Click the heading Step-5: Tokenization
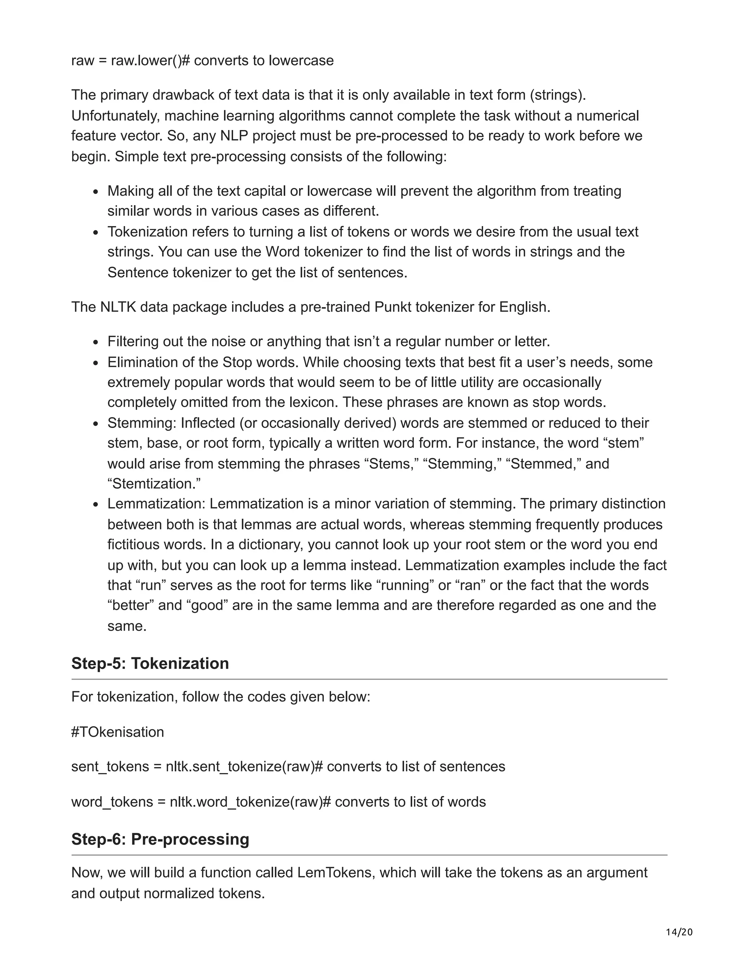tap(150, 663)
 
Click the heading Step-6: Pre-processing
tap(160, 839)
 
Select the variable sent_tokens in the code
tap(110, 767)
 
